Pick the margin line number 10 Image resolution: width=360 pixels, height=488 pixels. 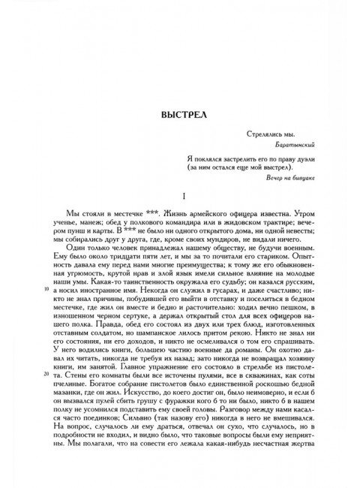tap(46, 267)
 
